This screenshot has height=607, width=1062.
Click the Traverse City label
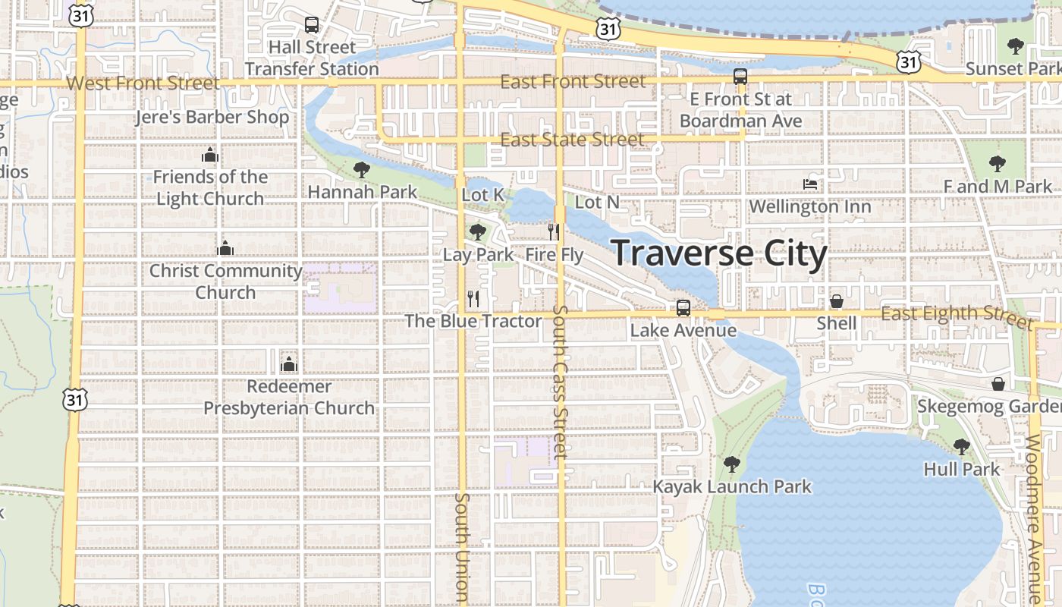(718, 253)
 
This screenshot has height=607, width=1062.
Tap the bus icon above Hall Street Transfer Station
(312, 25)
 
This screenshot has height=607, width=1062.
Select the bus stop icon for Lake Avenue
(683, 308)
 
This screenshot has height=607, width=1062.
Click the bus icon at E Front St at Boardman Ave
(740, 77)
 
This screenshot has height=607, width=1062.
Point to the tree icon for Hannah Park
(362, 169)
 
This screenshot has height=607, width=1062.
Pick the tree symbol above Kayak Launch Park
(732, 464)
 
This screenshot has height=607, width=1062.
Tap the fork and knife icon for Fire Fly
(555, 231)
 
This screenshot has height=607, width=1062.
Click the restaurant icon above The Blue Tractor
(473, 298)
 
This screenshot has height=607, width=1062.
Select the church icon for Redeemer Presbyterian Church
(288, 364)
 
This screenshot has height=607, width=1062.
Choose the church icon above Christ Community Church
(225, 248)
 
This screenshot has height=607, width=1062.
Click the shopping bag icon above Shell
(837, 301)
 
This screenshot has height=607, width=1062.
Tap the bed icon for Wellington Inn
(810, 184)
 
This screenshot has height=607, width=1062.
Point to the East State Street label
(572, 140)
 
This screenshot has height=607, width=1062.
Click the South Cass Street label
(561, 382)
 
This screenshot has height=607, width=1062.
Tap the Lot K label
(482, 195)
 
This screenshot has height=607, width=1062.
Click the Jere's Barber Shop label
(212, 118)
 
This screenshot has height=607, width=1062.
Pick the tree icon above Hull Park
(962, 446)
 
